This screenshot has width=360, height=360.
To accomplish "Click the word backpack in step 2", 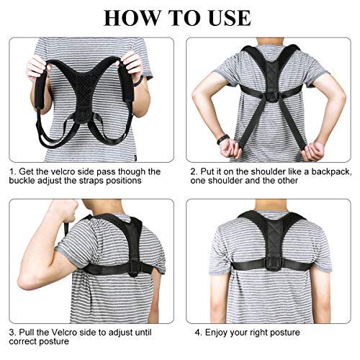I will pos(320,172).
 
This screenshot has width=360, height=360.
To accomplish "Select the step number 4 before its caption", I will pos(197,332).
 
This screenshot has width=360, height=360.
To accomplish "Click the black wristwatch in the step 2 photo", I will pos(224,138).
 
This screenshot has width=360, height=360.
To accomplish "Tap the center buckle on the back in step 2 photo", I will pos(271,96).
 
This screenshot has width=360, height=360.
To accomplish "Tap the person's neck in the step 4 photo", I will pos(271,209).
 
